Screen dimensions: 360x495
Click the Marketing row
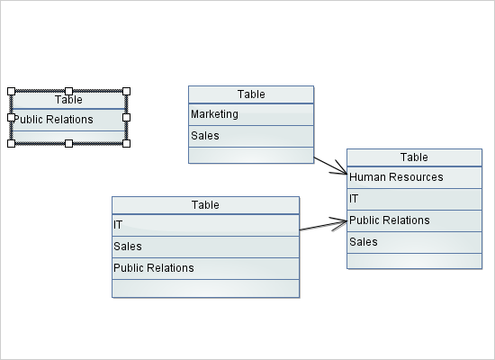(x=250, y=114)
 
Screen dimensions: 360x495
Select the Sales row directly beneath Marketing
(x=250, y=136)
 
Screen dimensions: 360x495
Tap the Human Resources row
(x=414, y=177)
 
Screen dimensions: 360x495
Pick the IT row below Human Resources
(x=414, y=199)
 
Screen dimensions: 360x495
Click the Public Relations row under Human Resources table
(x=414, y=220)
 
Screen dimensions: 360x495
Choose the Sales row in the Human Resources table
(x=414, y=242)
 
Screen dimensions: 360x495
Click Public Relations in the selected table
(x=68, y=120)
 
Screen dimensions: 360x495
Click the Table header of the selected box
(x=68, y=100)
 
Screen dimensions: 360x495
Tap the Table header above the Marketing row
(x=250, y=94)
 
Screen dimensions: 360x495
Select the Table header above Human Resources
(x=414, y=157)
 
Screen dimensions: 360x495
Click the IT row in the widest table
(x=205, y=225)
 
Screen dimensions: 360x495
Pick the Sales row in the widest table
(x=205, y=247)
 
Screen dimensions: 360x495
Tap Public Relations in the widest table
(x=205, y=268)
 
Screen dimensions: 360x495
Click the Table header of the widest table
(x=205, y=205)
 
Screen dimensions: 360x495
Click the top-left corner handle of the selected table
(x=11, y=91)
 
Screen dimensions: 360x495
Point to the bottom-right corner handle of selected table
(x=126, y=143)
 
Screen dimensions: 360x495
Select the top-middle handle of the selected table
(x=68, y=91)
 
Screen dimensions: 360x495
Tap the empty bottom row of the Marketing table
(x=250, y=155)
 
